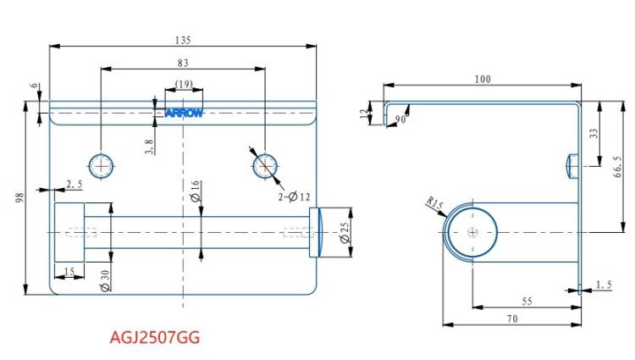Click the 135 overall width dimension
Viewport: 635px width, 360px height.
(x=183, y=41)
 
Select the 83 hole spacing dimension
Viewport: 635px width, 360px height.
(x=183, y=64)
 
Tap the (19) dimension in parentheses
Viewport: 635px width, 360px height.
(x=184, y=84)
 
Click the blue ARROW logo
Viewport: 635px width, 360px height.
(x=184, y=113)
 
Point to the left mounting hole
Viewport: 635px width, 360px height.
(x=102, y=166)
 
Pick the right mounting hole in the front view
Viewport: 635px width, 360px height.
(x=266, y=166)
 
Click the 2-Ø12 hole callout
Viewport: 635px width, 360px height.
(x=294, y=197)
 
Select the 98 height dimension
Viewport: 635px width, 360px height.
(x=19, y=197)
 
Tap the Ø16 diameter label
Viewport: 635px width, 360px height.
(x=196, y=191)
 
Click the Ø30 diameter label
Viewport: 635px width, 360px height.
(x=104, y=280)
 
